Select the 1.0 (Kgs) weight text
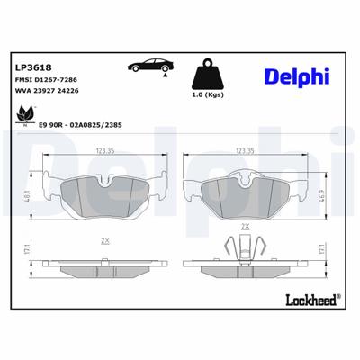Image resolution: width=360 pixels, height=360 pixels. click(210, 94)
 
